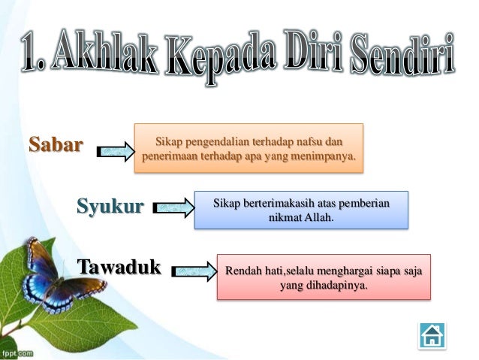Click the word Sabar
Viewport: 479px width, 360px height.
56,144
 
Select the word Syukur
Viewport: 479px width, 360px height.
110,205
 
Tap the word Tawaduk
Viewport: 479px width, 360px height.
119,267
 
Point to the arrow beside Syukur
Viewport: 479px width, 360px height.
173,208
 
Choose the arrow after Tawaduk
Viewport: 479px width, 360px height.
194,270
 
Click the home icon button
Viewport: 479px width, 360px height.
432,334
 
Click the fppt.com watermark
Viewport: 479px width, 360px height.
17,352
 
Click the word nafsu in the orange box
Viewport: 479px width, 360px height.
313,141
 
